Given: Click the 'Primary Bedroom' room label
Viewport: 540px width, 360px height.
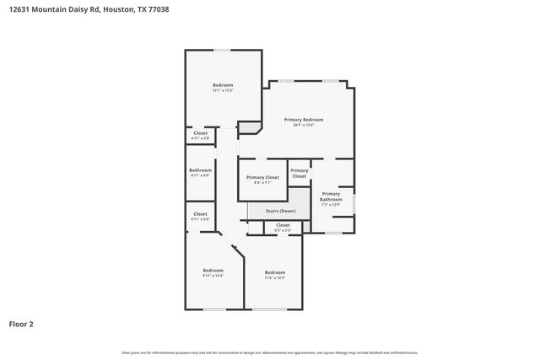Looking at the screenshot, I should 303,120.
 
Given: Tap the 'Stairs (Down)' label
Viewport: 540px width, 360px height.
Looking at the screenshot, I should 280,211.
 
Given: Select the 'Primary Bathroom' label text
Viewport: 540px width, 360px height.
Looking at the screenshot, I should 331,196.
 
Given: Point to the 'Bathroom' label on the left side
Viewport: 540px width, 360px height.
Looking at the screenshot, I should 200,169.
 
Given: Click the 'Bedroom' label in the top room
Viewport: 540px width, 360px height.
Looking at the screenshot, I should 223,84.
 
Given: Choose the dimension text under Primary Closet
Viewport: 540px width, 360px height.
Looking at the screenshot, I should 262,182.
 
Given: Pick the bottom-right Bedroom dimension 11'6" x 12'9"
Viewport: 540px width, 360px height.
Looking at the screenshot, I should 274,277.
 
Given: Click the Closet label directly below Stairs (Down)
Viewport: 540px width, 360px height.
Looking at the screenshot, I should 283,224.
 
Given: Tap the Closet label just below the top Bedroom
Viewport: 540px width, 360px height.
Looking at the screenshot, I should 200,132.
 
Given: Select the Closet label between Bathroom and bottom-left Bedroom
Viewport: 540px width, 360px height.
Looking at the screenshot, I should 200,214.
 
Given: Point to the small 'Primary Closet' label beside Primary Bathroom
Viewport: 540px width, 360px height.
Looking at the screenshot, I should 300,173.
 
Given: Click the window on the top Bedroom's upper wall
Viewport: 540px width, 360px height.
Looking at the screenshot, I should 222,50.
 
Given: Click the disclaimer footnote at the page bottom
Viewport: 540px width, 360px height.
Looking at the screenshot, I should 269,352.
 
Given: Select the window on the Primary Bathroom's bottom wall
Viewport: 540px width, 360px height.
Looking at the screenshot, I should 334,232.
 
